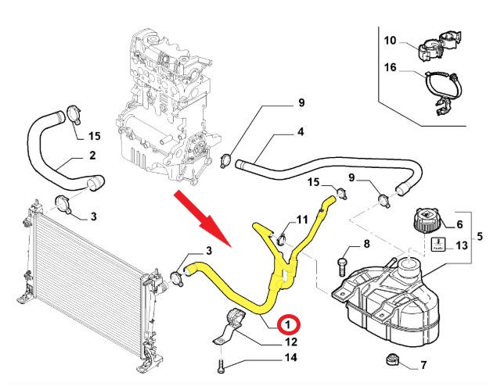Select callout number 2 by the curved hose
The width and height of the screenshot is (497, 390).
(x=92, y=156)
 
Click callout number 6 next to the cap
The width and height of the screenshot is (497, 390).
(x=459, y=224)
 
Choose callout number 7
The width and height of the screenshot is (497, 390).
(x=423, y=365)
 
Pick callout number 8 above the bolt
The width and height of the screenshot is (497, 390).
(x=365, y=245)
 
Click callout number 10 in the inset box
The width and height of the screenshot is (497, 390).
(x=391, y=38)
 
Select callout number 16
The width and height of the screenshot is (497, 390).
(x=391, y=69)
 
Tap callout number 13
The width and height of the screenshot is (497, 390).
(x=462, y=245)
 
